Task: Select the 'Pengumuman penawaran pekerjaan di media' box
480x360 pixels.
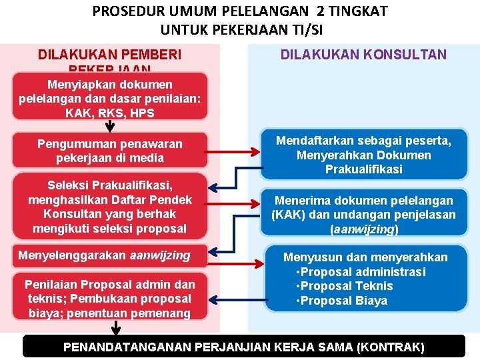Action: point(109,151)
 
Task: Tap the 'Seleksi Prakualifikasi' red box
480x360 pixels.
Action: point(109,207)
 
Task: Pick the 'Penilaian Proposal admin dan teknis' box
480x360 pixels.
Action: point(109,299)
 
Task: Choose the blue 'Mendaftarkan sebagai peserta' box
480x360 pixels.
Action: point(363,155)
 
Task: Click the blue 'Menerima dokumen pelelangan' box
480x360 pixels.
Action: point(363,214)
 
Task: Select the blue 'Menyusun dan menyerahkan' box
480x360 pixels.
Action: point(363,279)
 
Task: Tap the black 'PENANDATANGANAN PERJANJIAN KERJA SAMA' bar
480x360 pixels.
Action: point(243,347)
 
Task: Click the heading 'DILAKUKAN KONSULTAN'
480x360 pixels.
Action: point(363,55)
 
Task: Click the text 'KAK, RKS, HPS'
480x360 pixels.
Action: point(109,113)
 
